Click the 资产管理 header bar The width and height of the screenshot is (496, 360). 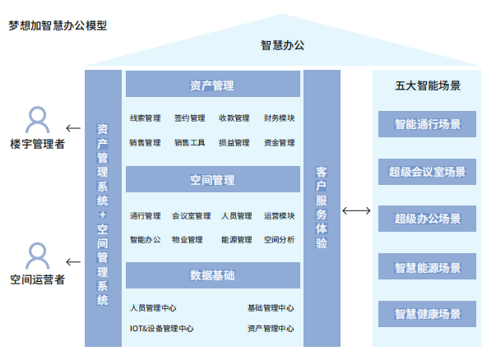(212, 85)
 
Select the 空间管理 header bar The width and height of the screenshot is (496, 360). (212, 180)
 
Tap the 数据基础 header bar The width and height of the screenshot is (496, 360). (212, 275)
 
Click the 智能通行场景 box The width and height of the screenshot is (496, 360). (427, 125)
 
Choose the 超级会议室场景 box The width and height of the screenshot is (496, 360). (427, 172)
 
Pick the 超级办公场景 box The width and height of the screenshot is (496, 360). (427, 219)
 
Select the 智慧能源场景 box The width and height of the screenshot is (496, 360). (427, 267)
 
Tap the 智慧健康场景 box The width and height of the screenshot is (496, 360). (427, 314)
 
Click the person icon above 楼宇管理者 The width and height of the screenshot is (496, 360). (38, 121)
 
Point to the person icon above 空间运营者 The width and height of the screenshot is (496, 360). (38, 256)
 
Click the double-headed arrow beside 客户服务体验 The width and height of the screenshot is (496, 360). (356, 211)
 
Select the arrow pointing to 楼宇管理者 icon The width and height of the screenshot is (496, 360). (73, 128)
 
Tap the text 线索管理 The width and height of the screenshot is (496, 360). (145, 118)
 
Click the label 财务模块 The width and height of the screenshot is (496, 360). (280, 118)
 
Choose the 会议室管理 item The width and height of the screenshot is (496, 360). (191, 216)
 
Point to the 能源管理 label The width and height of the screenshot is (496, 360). (236, 240)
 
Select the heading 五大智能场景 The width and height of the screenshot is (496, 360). (427, 85)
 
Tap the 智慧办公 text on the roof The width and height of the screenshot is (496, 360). (282, 45)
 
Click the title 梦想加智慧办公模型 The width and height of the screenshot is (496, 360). (58, 25)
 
